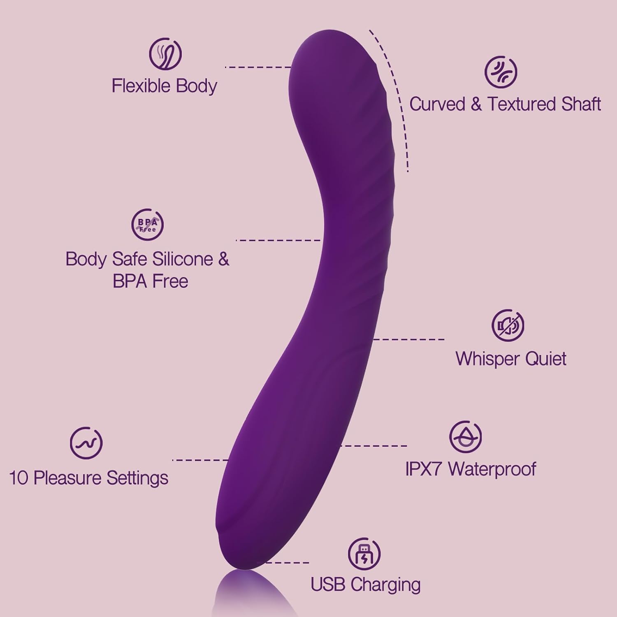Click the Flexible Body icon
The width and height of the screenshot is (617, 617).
pos(165,54)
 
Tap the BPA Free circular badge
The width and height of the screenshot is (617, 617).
pos(147,225)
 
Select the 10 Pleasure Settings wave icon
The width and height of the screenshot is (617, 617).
pos(86,443)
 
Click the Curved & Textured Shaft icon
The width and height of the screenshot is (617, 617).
pos(501,72)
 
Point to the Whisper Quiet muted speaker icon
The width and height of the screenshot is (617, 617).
pos(508,325)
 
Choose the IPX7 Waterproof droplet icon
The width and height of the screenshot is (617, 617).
pos(465,437)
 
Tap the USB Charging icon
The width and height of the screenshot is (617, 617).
pos(364,554)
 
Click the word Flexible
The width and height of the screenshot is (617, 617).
pos(141,86)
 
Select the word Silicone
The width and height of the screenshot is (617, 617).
pos(183,259)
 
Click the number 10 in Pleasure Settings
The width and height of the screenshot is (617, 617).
pos(19,478)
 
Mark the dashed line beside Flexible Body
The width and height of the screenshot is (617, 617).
pos(258,67)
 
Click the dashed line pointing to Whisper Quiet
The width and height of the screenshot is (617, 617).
pos(408,339)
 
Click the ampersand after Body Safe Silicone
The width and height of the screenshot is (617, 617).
pos(223,259)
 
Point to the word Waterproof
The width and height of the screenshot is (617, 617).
pos(492,469)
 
